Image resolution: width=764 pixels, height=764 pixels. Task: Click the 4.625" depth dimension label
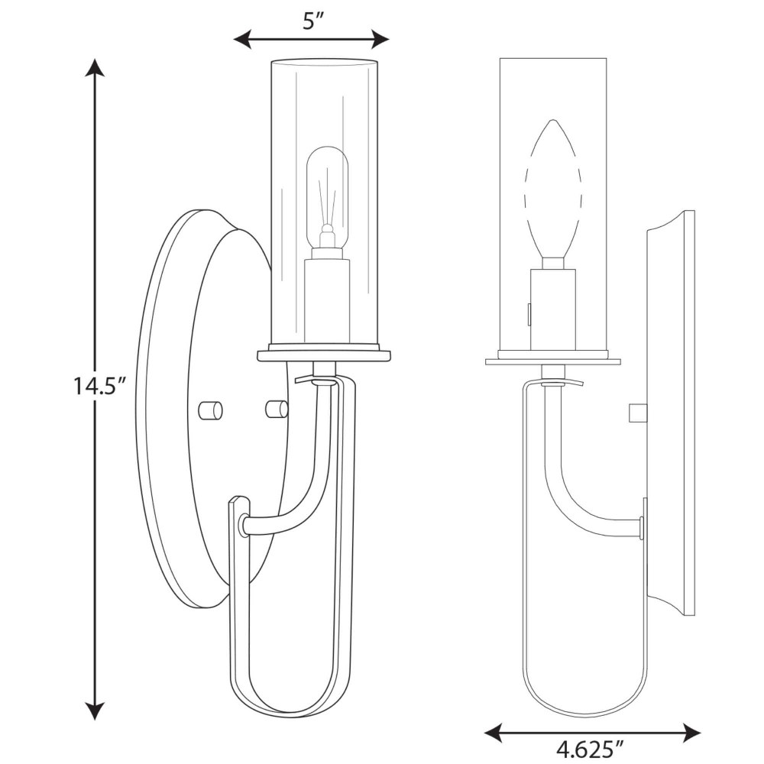(x=591, y=749)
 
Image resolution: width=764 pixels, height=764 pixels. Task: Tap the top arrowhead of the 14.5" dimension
(x=95, y=67)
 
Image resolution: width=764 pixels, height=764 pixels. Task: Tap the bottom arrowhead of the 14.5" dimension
(x=95, y=711)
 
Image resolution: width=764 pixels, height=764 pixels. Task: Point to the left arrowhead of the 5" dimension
(x=243, y=39)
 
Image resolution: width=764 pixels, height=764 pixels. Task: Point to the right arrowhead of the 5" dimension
(x=380, y=39)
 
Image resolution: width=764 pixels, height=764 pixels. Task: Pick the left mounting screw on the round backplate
(x=210, y=410)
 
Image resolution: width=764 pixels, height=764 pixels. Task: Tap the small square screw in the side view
(x=637, y=413)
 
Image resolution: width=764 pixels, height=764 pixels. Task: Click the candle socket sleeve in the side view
(x=552, y=310)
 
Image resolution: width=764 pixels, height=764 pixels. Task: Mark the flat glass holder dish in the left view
(x=325, y=354)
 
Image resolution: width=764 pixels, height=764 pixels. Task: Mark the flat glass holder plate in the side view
(x=553, y=361)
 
